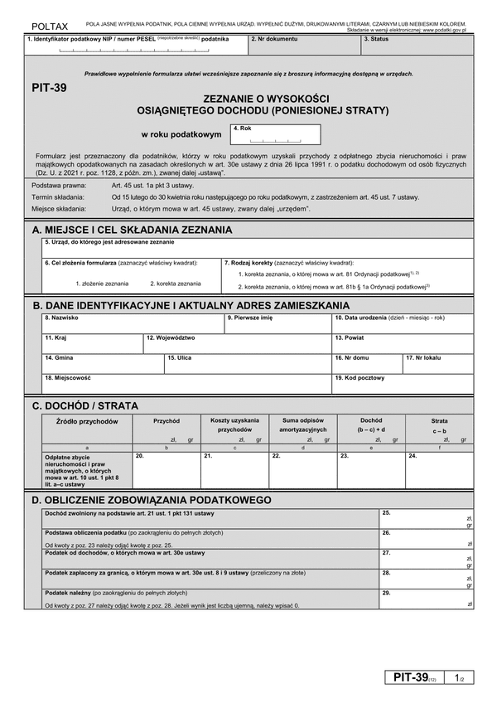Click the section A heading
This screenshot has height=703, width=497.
point(133,229)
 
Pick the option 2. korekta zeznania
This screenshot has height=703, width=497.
point(175,283)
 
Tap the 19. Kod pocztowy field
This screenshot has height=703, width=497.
point(403,384)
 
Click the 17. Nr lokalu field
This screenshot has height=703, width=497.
point(438,363)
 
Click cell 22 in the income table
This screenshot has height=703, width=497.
point(302,470)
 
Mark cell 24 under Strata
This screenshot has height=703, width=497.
point(439,470)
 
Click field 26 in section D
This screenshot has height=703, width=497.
point(426,538)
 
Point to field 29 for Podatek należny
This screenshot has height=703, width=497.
point(426,599)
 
